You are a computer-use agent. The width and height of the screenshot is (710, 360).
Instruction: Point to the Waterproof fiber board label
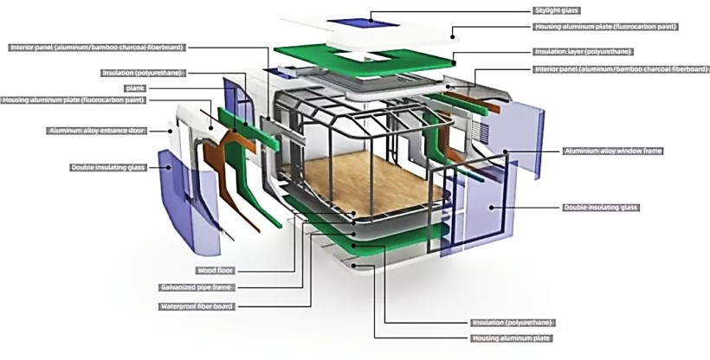pos(196,306)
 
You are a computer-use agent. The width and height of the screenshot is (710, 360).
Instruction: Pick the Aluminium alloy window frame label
pos(612,151)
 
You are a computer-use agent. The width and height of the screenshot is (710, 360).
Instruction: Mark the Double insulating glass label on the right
pos(600,208)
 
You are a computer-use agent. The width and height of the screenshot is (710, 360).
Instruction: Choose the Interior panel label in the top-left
pos(97,47)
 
